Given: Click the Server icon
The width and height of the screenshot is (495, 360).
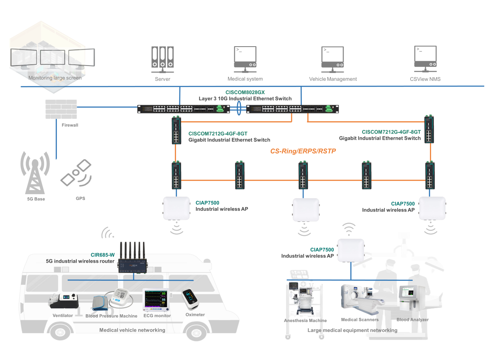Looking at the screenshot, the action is tap(163, 59).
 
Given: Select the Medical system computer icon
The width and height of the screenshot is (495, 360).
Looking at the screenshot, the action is tap(245, 59).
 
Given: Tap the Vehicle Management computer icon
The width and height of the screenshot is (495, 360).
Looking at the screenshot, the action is tap(332, 59).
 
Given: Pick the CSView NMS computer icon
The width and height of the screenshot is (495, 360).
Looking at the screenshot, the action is tap(425, 59).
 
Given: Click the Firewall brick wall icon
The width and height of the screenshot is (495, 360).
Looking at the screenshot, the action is tap(61, 109).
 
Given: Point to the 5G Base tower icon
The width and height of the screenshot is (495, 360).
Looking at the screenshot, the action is tap(35, 172).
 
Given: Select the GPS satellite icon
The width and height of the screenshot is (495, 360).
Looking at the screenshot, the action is tap(76, 173).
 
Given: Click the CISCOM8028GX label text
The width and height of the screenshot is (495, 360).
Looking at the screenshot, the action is tap(245, 92).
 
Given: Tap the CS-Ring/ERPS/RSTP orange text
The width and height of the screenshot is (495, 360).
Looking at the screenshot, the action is tap(303, 151).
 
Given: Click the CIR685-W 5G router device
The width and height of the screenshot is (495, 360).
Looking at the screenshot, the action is tap(132, 257).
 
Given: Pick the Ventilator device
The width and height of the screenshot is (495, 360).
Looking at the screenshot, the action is tap(64, 301).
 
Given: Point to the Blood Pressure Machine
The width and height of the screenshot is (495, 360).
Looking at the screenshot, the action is tap(112, 300).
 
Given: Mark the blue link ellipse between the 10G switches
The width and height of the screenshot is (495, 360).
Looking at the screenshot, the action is tap(239, 108).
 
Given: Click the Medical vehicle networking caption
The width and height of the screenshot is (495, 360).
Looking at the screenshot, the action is tap(132, 330).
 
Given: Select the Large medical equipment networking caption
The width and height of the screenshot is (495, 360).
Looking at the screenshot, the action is tap(352, 330).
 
